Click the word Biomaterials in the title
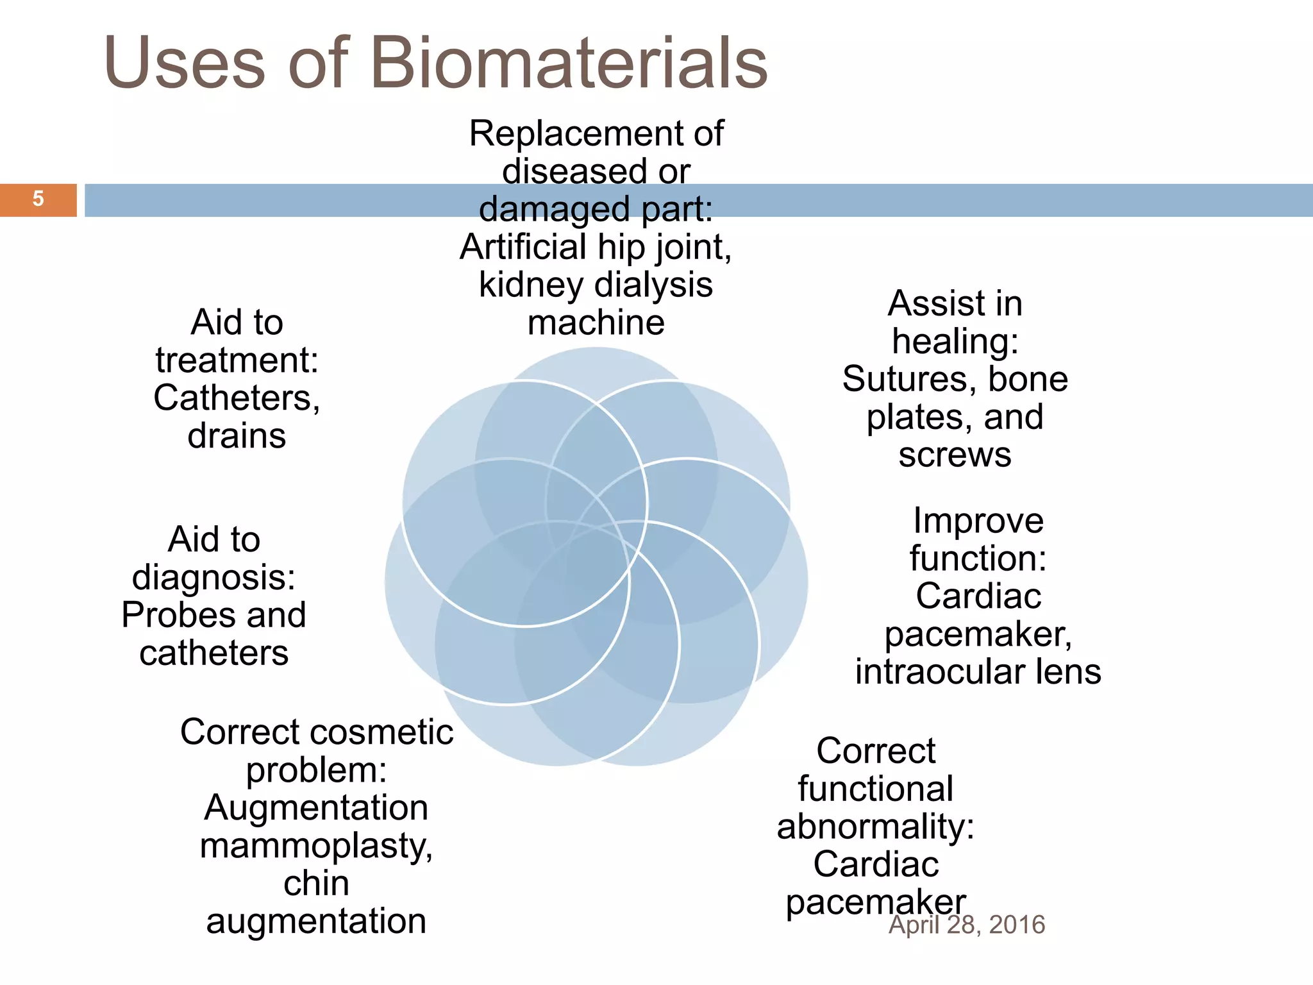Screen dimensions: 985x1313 coord(569,63)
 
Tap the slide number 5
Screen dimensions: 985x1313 coord(38,199)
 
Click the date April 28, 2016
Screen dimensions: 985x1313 coord(967,925)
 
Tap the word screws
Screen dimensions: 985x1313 coord(955,455)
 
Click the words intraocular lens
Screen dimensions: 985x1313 coord(978,671)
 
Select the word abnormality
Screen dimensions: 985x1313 coord(875,827)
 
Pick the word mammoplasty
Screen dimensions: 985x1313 coord(316,846)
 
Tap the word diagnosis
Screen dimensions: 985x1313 coord(213,577)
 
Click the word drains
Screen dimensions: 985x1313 coord(237,436)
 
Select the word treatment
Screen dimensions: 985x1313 coord(237,360)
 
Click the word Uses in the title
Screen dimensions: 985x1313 coord(185,63)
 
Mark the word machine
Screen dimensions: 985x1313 coord(596,323)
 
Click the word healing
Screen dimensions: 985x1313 coord(955,341)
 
